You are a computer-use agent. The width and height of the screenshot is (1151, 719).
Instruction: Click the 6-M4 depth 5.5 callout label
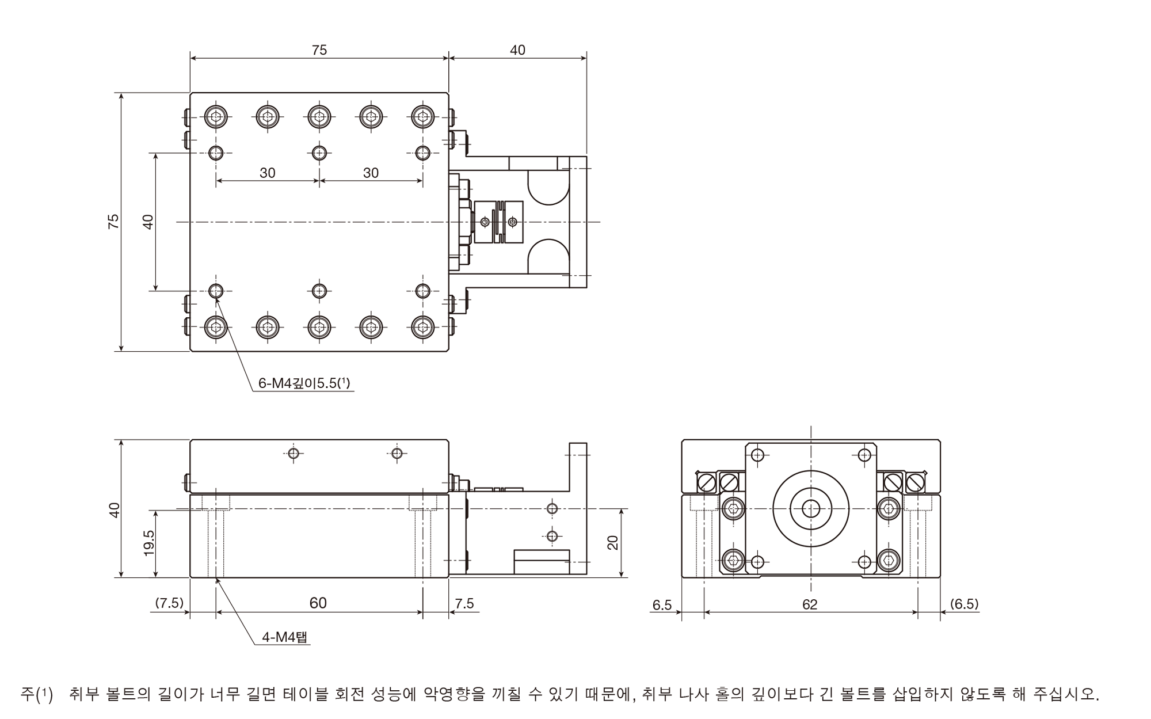click(x=304, y=382)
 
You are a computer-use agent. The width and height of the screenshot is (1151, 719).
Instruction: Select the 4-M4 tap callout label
click(x=285, y=637)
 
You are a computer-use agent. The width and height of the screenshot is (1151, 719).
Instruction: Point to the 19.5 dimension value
click(x=148, y=543)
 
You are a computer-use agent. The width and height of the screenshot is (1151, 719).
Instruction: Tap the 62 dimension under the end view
click(x=810, y=604)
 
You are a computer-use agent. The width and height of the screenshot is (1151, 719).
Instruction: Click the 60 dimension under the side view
click(x=318, y=603)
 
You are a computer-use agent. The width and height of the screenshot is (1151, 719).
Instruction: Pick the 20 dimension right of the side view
click(x=612, y=542)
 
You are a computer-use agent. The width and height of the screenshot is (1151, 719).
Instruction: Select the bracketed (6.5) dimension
click(x=964, y=604)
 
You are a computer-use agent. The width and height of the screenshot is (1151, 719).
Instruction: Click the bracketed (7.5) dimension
click(x=169, y=603)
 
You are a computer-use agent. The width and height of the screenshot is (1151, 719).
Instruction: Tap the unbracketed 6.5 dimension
click(x=662, y=604)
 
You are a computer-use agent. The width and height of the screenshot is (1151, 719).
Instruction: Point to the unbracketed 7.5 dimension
click(x=464, y=603)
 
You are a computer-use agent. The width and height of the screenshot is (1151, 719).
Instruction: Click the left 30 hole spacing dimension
click(x=268, y=173)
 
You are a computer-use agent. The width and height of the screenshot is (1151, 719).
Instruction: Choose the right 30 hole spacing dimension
click(x=371, y=173)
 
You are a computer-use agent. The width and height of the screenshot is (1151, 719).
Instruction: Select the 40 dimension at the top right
click(x=517, y=50)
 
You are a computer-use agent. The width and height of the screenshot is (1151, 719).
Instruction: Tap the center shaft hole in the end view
click(x=811, y=509)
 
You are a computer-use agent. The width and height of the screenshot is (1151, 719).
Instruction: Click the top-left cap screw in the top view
click(x=216, y=117)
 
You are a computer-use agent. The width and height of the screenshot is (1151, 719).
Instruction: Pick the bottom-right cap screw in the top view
click(x=423, y=327)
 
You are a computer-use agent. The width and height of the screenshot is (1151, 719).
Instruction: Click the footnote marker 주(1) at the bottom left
click(x=36, y=694)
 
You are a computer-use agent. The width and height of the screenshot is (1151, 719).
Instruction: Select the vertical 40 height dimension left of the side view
click(x=115, y=509)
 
